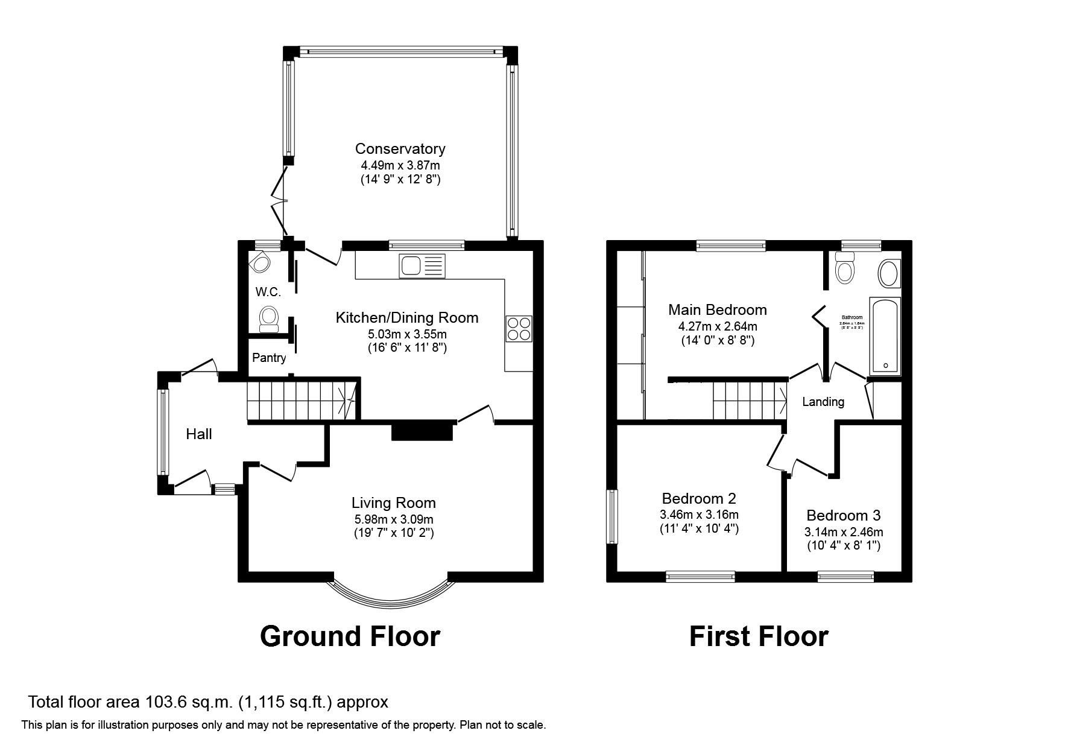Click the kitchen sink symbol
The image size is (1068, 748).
pyautogui.click(x=422, y=266)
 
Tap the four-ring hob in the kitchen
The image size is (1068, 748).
pyautogui.click(x=519, y=329)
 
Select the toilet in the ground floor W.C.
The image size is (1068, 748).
pyautogui.click(x=268, y=318)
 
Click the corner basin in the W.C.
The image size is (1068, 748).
pyautogui.click(x=261, y=263)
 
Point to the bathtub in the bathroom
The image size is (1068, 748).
pyautogui.click(x=885, y=336)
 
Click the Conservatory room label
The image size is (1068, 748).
pyautogui.click(x=400, y=149)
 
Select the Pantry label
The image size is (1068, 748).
pyautogui.click(x=269, y=358)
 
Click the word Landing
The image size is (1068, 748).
pyautogui.click(x=823, y=402)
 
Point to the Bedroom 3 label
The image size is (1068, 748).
pyautogui.click(x=843, y=516)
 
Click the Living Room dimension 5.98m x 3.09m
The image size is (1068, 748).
pyautogui.click(x=393, y=519)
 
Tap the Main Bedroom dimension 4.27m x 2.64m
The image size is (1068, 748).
pyautogui.click(x=717, y=326)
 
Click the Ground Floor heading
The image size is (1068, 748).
pyautogui.click(x=350, y=636)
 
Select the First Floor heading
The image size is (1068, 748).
pyautogui.click(x=759, y=636)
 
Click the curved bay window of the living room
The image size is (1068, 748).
pyautogui.click(x=391, y=597)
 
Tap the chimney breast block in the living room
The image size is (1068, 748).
pyautogui.click(x=422, y=432)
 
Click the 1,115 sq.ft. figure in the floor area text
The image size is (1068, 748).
pyautogui.click(x=285, y=702)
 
